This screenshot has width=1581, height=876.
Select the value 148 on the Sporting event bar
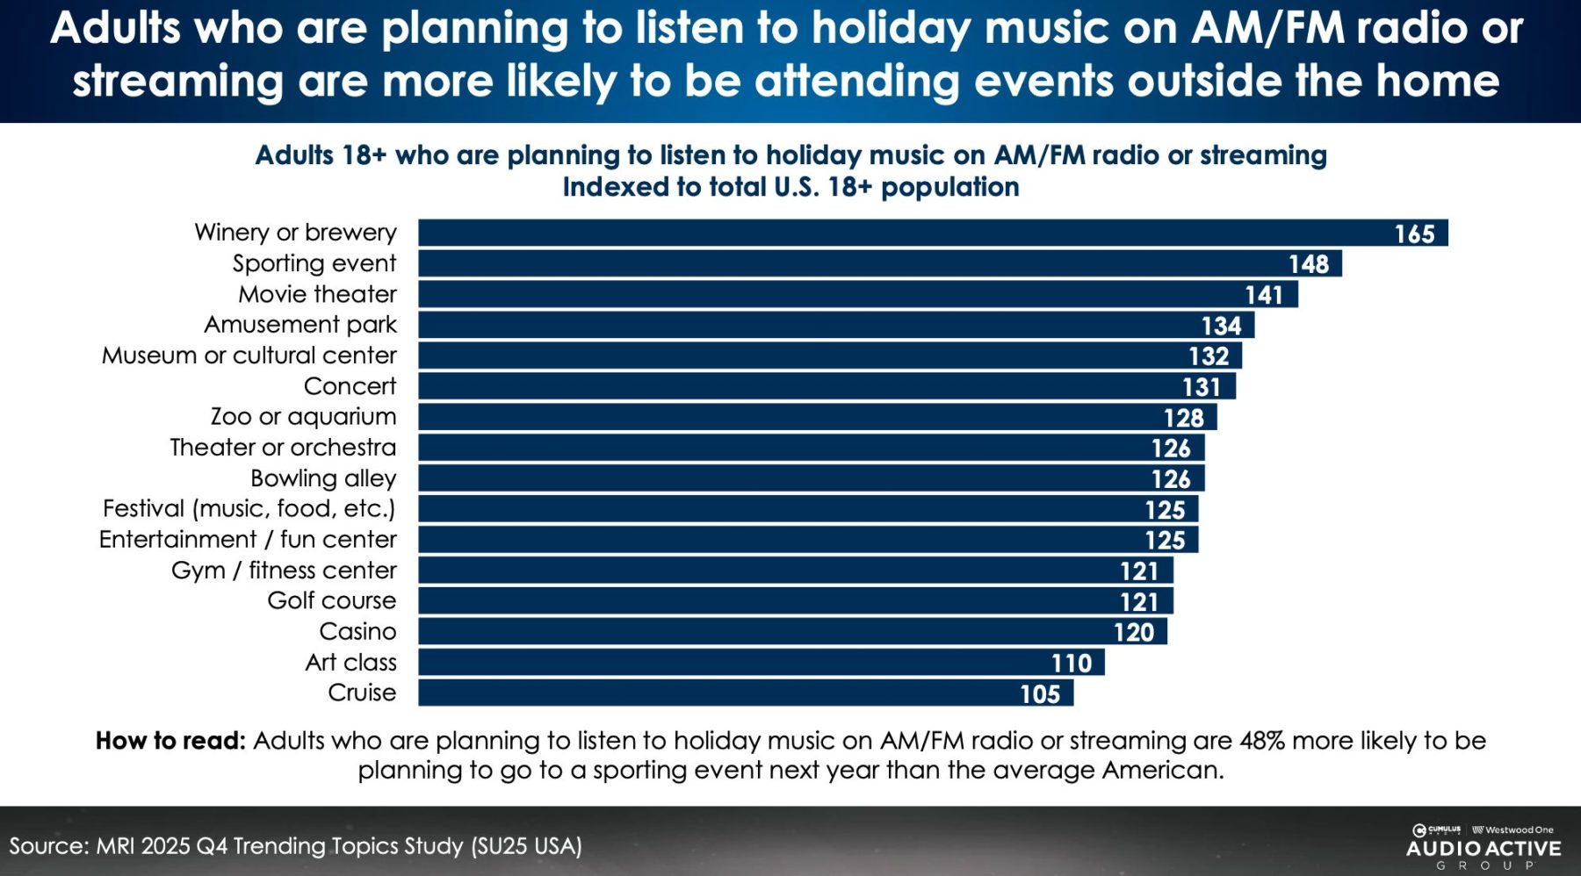(x=1308, y=264)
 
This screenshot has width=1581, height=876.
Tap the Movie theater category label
(x=317, y=294)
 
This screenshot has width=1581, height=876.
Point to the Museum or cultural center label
(x=249, y=355)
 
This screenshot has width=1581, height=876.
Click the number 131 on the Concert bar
(x=1201, y=387)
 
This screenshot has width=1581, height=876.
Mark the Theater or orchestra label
(x=283, y=448)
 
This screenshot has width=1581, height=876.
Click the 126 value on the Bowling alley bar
(x=1171, y=479)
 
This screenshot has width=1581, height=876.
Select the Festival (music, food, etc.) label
(x=249, y=509)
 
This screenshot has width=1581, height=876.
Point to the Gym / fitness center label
(x=284, y=571)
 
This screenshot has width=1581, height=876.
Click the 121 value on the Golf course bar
(x=1139, y=602)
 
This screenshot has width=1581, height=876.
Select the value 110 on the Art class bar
(x=1072, y=664)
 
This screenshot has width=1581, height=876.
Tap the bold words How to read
(x=170, y=741)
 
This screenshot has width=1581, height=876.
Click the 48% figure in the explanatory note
(x=1261, y=741)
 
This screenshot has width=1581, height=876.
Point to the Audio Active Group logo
(x=1483, y=847)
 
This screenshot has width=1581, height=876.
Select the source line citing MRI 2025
(x=295, y=846)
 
